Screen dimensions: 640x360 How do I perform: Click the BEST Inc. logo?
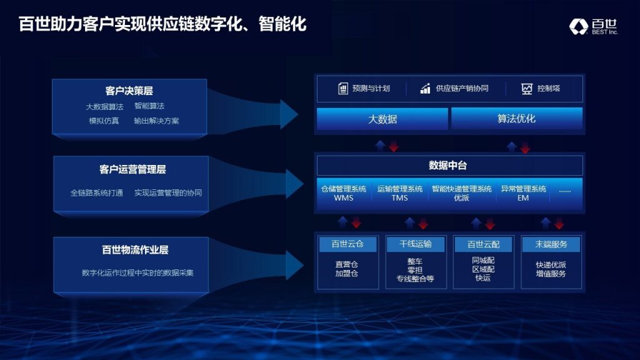594,26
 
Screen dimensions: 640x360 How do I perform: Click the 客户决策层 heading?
129,91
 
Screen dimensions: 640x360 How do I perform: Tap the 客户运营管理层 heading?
132,169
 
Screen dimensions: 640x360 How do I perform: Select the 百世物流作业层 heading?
135,250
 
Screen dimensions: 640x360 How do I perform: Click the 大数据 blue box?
382,119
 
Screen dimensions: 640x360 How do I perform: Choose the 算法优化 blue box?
517,118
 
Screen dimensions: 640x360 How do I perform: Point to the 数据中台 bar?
450,165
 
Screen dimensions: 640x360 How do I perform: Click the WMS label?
344,198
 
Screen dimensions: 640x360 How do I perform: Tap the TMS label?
399,198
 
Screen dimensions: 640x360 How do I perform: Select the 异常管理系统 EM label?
523,193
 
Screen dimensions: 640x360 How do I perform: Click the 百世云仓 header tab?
347,244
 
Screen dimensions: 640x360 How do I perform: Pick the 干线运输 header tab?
416,244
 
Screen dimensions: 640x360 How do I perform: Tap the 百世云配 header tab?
484,244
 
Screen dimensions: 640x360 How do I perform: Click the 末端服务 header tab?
551,244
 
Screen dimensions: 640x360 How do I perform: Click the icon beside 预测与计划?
343,88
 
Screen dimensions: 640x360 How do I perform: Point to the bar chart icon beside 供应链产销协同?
425,88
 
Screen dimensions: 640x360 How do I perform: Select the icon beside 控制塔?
527,89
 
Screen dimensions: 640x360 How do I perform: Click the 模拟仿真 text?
104,121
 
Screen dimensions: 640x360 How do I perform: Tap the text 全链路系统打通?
97,192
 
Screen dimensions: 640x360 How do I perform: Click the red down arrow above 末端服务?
559,223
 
